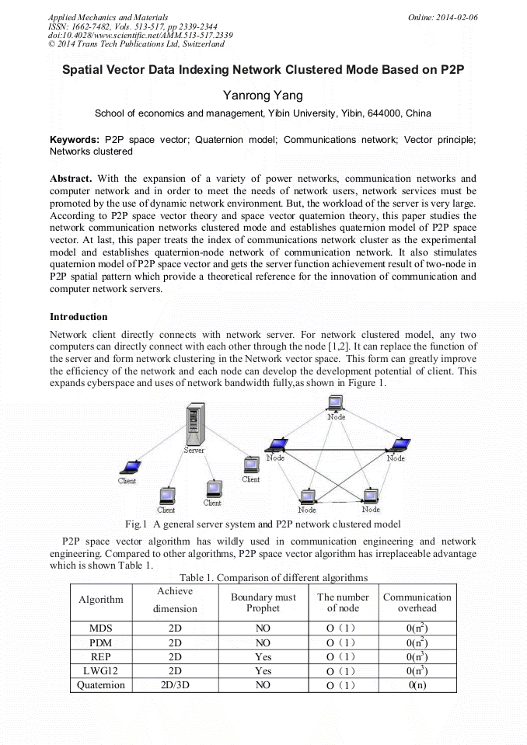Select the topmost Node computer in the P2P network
(336, 403)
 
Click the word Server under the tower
(194, 450)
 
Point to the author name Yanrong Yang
(263, 96)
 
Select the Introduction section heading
(79, 317)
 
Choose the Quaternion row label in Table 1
(100, 685)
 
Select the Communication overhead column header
(417, 603)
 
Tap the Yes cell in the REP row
(263, 656)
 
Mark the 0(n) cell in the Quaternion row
(417, 685)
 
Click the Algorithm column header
(100, 600)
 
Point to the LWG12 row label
(100, 671)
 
